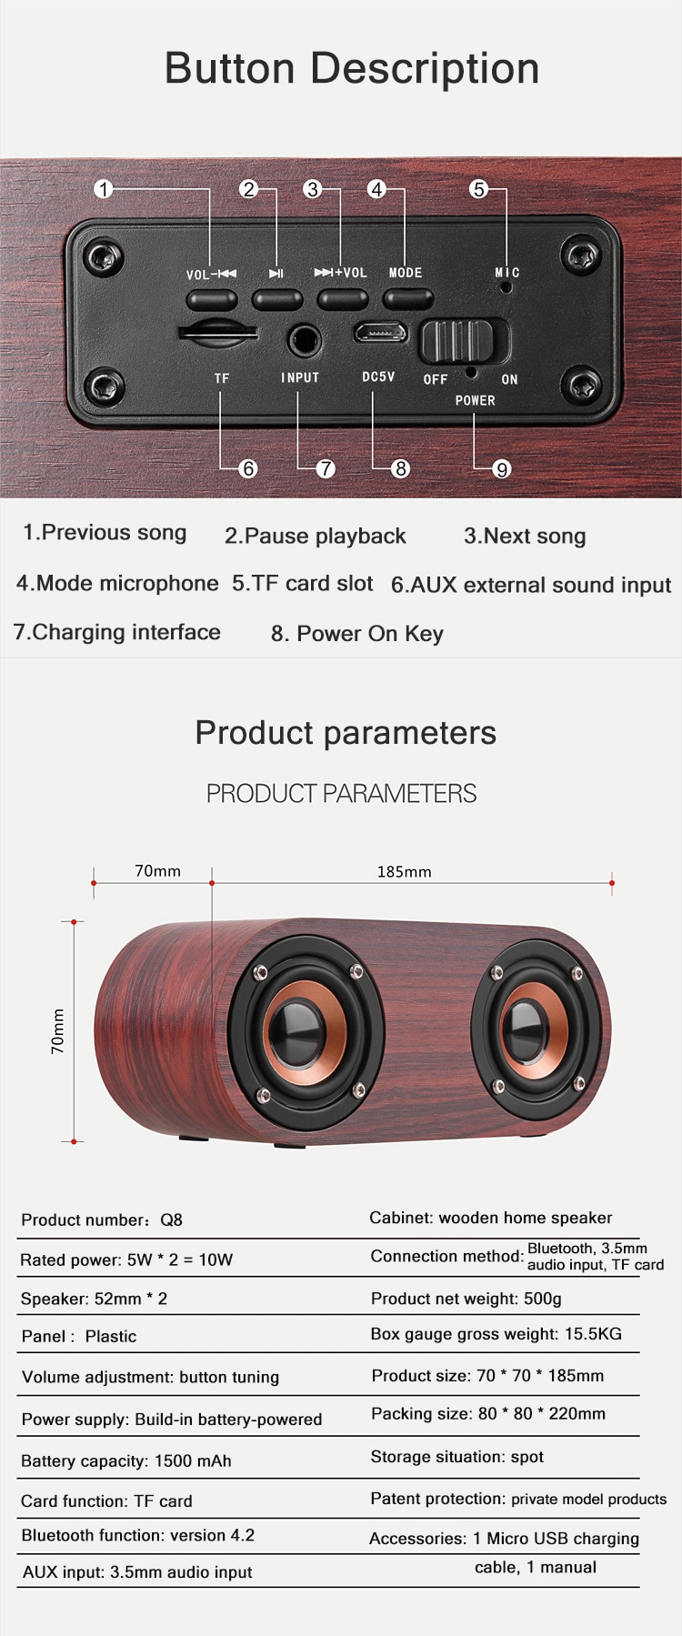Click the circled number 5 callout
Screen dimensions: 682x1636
click(x=478, y=189)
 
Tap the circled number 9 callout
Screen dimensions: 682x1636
click(x=502, y=468)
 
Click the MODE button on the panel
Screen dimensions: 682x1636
click(x=407, y=299)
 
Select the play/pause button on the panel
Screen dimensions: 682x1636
click(x=277, y=299)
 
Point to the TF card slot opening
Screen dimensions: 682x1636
click(x=216, y=333)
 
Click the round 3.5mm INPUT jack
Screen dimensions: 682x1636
click(x=304, y=342)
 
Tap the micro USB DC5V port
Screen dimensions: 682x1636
click(x=381, y=333)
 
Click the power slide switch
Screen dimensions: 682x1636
click(x=464, y=342)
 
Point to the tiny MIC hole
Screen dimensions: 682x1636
click(x=506, y=287)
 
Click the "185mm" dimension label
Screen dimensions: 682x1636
click(x=405, y=871)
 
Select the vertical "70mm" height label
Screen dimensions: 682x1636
click(x=58, y=1031)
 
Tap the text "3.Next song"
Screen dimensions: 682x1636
click(x=525, y=536)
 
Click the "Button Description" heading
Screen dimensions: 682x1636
click(x=352, y=68)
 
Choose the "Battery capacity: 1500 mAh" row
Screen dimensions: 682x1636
click(x=126, y=1460)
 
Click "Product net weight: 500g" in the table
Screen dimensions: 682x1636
click(x=466, y=1299)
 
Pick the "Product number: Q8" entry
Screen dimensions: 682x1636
click(x=102, y=1219)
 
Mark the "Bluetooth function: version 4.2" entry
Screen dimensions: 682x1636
click(x=138, y=1535)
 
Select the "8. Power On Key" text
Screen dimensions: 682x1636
click(x=357, y=634)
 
